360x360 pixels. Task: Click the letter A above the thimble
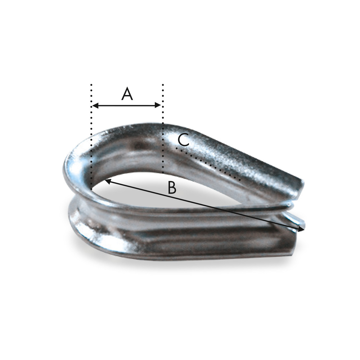pos(127,94)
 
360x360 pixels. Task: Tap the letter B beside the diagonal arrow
pos(172,188)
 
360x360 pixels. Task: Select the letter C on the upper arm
pos(184,140)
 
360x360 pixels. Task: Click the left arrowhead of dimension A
pos(95,105)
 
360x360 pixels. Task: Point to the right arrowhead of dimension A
pos(158,105)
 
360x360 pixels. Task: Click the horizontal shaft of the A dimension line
pos(127,105)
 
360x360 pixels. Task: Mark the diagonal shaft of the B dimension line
pos(205,205)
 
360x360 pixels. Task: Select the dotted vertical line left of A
pos(91,136)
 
